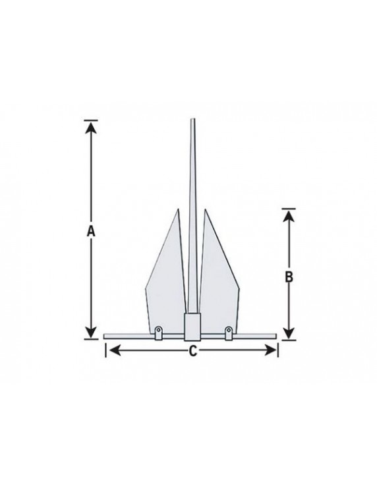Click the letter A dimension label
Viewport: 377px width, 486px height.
pos(90,231)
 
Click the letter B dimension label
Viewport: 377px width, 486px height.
pos(289,277)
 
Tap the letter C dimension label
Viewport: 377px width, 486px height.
pos(193,351)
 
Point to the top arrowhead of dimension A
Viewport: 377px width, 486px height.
pos(90,127)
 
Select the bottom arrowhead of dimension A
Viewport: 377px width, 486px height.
pos(90,333)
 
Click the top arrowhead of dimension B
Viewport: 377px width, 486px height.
pos(289,216)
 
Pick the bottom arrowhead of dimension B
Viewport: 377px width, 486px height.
pos(289,333)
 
